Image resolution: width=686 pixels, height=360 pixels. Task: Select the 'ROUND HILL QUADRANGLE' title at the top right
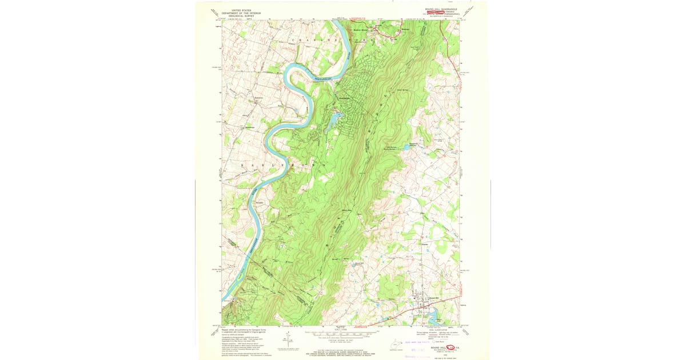[441, 9]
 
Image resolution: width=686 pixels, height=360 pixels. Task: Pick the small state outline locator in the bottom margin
[394, 343]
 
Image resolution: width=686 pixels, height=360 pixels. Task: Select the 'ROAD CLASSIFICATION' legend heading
[432, 329]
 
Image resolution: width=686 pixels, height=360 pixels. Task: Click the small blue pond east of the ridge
[406, 147]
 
